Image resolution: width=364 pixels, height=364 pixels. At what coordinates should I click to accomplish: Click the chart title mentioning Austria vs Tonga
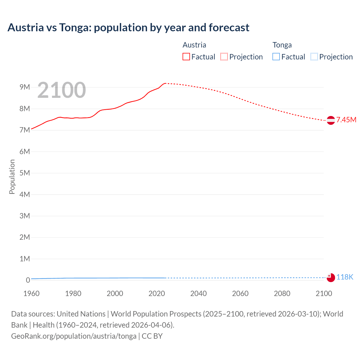click(x=128, y=28)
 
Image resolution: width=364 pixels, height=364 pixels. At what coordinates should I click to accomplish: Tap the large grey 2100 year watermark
click(x=61, y=90)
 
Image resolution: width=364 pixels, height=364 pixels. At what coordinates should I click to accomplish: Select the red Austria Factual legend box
click(x=186, y=57)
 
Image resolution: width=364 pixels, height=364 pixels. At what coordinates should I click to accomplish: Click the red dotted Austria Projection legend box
click(x=224, y=57)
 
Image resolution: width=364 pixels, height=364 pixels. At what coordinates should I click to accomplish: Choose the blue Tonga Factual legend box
click(x=276, y=57)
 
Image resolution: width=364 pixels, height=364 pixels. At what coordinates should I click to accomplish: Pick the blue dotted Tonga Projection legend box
click(x=314, y=57)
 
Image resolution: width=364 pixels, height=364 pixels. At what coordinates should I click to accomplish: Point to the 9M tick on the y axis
click(x=25, y=87)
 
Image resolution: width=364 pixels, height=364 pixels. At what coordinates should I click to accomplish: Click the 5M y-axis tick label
click(x=25, y=173)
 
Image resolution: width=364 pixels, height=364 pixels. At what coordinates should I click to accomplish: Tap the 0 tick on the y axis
click(x=28, y=280)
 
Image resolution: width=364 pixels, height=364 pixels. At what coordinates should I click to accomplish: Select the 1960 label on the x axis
click(x=31, y=293)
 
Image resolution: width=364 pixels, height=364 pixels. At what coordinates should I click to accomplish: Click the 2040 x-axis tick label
click(x=198, y=293)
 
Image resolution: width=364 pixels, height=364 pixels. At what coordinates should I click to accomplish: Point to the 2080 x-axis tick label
click(x=282, y=293)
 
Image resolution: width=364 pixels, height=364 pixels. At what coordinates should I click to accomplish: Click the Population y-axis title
click(x=12, y=177)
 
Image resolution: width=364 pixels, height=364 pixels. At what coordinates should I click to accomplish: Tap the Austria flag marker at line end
click(x=331, y=120)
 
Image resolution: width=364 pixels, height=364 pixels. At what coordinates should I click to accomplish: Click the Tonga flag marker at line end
click(x=331, y=278)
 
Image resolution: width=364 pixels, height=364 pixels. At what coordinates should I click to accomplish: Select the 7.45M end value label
click(x=346, y=120)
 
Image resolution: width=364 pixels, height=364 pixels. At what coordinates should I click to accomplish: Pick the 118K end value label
click(x=345, y=277)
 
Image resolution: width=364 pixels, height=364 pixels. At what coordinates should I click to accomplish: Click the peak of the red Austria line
click(x=165, y=83)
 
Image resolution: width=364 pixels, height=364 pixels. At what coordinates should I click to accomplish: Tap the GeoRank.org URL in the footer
click(x=74, y=336)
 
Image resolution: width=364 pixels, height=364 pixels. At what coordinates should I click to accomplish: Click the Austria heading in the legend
click(x=194, y=45)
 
